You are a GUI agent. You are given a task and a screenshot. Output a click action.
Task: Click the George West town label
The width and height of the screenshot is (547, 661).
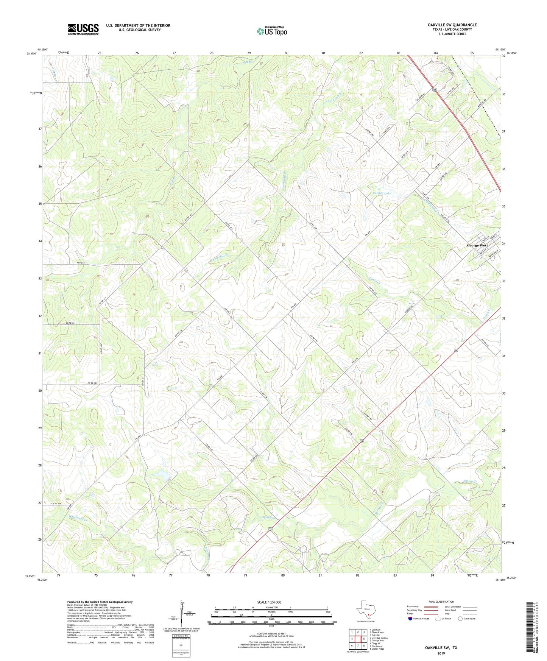477,245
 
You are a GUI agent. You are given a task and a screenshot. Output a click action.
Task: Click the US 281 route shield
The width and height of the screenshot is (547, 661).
434,90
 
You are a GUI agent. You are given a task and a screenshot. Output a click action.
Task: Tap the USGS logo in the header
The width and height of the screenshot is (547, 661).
83,29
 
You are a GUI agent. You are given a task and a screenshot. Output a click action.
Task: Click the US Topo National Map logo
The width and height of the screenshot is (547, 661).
272,31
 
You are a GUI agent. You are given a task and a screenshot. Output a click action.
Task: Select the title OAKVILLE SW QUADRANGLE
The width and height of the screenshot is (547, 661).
447,25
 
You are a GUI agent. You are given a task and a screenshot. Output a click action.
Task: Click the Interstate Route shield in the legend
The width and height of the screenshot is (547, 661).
410,619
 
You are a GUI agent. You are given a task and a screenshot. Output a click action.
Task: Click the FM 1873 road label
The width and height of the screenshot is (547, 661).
81,263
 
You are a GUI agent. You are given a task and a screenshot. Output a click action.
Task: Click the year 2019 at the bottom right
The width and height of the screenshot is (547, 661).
441,653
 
